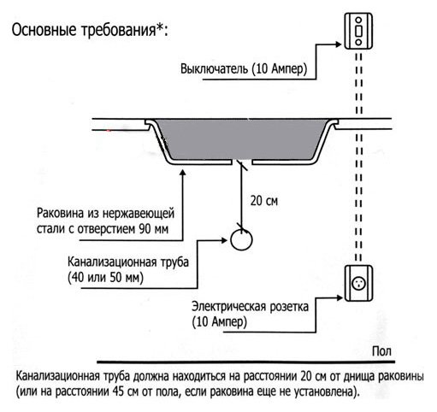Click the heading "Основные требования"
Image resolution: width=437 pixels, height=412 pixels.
[83, 30]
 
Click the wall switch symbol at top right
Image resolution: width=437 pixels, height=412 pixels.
[358, 31]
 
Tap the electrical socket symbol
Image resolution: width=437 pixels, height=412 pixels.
[358, 283]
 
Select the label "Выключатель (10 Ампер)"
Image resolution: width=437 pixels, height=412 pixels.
[244, 69]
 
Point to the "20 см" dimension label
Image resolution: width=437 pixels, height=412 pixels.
[264, 201]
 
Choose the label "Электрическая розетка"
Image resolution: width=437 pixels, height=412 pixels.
[250, 307]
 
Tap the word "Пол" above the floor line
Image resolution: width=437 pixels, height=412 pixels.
[381, 351]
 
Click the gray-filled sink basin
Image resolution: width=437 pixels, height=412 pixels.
[242, 139]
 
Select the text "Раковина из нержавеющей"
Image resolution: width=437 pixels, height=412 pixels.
[105, 213]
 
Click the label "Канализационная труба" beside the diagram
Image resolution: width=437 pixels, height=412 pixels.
[128, 262]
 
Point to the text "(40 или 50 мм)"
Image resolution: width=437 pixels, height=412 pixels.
[105, 278]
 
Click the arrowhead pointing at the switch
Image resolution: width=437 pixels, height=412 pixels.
[339, 44]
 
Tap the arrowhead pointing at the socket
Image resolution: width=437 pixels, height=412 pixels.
[340, 298]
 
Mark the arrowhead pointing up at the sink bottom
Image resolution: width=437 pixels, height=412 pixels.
[183, 173]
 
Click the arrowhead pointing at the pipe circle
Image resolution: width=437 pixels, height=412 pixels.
[224, 240]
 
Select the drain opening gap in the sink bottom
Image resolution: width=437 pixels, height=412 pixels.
[241, 162]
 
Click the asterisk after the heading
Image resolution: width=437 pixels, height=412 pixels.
[159, 27]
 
